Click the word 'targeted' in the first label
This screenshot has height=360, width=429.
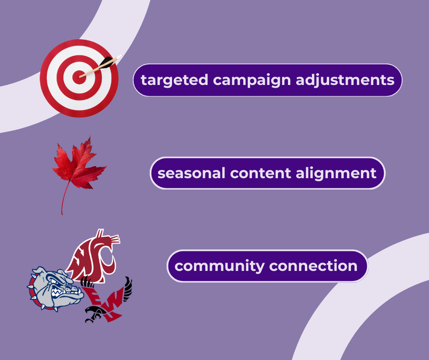click(174, 80)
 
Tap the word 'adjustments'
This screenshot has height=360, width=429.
click(345, 80)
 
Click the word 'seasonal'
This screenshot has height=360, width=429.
click(191, 173)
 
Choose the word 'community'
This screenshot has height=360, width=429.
click(220, 267)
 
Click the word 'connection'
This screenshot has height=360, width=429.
click(313, 266)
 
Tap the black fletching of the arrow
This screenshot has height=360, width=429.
click(107, 62)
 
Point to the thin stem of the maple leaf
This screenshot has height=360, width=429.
click(64, 198)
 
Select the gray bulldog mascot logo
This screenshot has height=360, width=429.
click(55, 289)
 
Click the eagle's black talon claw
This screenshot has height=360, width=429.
click(93, 314)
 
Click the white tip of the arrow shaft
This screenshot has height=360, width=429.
click(120, 57)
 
